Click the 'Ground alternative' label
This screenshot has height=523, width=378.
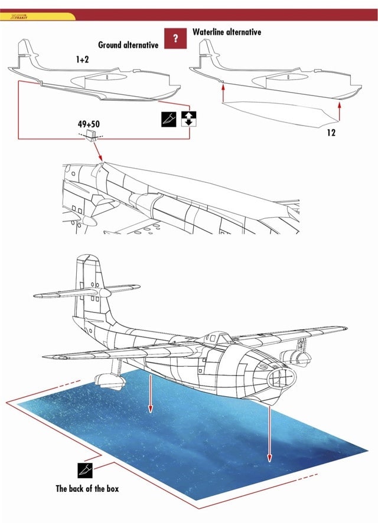[128, 45]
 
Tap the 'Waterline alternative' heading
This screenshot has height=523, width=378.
[227, 32]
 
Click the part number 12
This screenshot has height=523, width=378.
[331, 133]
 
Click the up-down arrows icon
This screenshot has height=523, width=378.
[188, 118]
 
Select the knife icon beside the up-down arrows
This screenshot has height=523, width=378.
[168, 118]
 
